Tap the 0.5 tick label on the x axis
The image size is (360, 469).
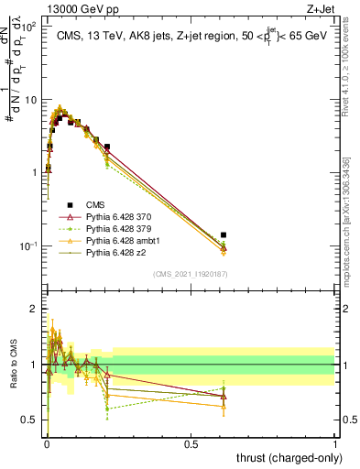(191, 443)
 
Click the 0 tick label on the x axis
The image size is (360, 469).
(46, 443)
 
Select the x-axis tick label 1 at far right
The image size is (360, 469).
(334, 443)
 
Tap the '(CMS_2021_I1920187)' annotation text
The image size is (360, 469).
(191, 273)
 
